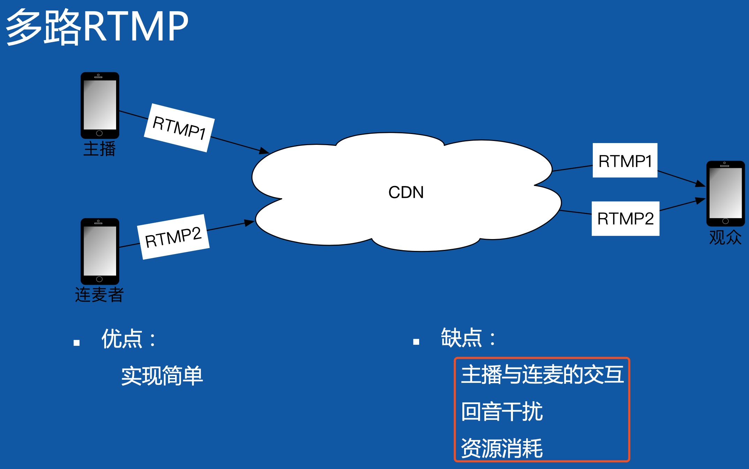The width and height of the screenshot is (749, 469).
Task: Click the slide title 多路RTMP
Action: point(97,27)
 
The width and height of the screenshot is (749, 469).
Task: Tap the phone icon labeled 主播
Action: point(100,105)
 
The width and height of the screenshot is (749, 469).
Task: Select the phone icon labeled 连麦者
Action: point(100,251)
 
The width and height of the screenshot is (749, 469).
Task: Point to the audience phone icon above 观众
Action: point(725,193)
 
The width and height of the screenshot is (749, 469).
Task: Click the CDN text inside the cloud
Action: point(406,192)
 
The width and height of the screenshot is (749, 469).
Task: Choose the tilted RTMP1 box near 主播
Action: point(179,128)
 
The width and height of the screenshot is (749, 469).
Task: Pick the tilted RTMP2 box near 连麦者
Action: point(173,237)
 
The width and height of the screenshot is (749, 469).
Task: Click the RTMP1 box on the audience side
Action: point(625,161)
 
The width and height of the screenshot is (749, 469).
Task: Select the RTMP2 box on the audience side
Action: point(625,219)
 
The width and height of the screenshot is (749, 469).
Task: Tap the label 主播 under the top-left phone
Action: point(99,149)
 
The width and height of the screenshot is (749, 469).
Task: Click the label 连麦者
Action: point(99,295)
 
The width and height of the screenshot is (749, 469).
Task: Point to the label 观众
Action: point(725,238)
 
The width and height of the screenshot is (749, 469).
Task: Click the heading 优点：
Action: point(129,338)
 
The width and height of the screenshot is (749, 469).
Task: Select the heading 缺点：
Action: point(468,338)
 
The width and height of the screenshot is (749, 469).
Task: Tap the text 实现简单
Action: point(162,376)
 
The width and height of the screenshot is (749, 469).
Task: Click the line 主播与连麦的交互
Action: point(542,374)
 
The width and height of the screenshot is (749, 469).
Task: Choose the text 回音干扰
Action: point(502,411)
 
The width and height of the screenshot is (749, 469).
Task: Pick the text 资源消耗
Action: point(502,448)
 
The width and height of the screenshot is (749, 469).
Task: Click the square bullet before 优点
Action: point(77,343)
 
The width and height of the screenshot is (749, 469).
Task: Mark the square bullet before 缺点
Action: point(416,342)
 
